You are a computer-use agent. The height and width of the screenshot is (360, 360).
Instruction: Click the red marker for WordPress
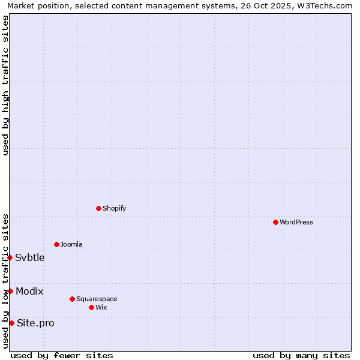point(275,222)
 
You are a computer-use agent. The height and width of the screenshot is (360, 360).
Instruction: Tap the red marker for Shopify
point(98,208)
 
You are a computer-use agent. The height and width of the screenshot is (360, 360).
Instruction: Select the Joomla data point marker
point(56,244)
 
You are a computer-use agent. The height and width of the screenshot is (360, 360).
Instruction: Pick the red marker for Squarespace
point(72,299)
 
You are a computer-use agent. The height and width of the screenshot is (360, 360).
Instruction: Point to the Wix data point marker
point(91,307)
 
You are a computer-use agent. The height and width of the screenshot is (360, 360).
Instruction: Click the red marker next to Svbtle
point(10,257)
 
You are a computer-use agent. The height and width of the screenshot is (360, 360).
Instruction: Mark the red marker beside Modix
point(10,291)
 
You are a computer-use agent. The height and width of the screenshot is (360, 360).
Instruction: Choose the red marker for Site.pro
point(11,323)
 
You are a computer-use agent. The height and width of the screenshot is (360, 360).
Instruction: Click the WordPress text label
point(296,222)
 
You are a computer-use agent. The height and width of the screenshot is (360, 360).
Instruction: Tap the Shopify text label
point(114,208)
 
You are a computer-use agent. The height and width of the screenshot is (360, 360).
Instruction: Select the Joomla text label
point(71,244)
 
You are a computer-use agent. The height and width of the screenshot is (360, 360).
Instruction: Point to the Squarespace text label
point(97,299)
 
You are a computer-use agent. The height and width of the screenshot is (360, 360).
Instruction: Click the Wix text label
point(101,307)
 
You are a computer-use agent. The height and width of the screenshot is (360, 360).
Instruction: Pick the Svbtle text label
point(30,257)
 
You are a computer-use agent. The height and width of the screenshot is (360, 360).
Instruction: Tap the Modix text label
point(29,291)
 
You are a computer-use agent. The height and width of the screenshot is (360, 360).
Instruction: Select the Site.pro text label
point(35,323)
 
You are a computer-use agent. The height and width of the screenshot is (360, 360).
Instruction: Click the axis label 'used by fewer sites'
point(62,355)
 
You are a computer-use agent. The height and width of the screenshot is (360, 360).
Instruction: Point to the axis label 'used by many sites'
point(301,355)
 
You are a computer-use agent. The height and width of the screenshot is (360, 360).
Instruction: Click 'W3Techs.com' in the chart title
point(327,5)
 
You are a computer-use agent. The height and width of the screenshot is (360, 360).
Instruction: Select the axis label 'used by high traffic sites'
point(5,85)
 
